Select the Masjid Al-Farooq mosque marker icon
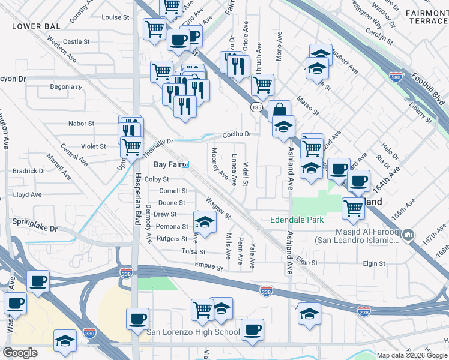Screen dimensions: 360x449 point(409,233)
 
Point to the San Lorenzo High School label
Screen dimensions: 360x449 point(193,332)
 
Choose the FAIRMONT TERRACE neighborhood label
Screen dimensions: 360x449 point(426,16)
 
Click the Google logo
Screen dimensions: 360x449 point(20,353)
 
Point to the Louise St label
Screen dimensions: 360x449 point(112,17)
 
